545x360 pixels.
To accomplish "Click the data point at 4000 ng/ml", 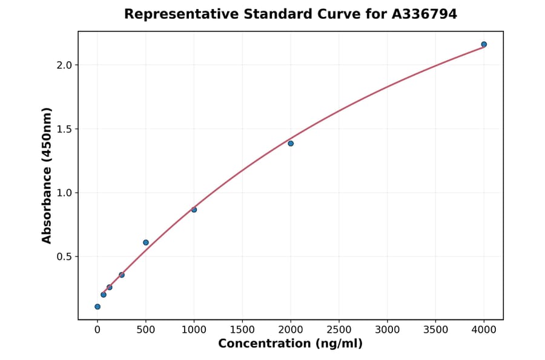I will (484, 44).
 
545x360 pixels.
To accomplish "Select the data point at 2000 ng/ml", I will (291, 144).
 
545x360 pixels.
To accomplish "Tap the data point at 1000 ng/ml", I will (194, 210).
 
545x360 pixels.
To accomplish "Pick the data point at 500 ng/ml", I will (146, 242).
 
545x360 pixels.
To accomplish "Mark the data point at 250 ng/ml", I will (122, 275).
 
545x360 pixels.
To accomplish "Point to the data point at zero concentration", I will (97, 307).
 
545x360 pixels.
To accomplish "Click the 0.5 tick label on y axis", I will (64, 257).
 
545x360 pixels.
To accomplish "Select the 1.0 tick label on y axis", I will (64, 193).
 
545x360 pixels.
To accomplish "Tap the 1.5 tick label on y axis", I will (64, 129).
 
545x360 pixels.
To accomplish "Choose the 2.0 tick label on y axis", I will (64, 65).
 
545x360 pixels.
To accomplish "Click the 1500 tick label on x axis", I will (242, 330).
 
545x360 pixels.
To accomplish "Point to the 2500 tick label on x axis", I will (339, 330).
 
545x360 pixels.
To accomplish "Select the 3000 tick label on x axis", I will (388, 330).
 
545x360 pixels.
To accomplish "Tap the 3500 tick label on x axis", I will (436, 330).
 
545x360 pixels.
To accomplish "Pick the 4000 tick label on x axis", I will (484, 330).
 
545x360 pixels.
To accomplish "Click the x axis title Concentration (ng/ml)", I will (290, 344).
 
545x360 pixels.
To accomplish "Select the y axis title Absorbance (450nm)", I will (47, 175).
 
